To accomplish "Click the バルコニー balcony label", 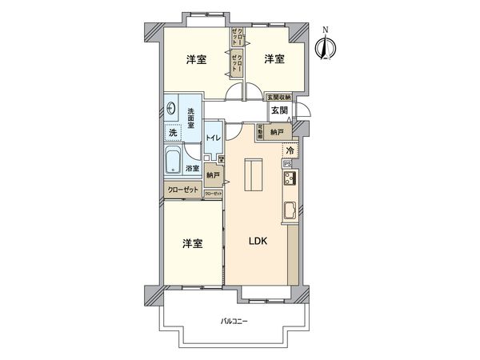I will click(234, 321).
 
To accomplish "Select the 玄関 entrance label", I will click(278, 111).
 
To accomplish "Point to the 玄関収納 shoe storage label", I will click(279, 97).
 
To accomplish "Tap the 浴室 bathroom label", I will click(192, 168).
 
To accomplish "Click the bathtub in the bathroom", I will click(174, 162).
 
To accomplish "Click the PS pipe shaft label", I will click(286, 165).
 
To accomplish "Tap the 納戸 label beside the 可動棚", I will click(276, 132).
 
